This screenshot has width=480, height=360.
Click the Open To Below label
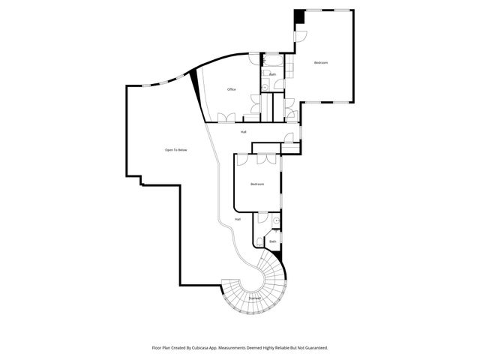[175, 150]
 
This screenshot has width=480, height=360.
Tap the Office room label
[232, 89]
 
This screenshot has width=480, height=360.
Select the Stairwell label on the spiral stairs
[254, 298]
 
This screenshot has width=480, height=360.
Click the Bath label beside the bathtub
[273, 74]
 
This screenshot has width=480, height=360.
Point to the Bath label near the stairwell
[273, 231]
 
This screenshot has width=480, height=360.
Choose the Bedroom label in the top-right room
[321, 62]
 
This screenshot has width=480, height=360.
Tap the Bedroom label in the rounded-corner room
[257, 184]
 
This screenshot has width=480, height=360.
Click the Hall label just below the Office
[244, 132]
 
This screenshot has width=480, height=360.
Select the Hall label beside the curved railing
[238, 219]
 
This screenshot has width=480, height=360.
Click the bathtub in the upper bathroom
[271, 59]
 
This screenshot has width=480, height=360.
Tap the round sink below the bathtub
[265, 87]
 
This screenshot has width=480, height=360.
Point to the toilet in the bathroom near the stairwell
[259, 240]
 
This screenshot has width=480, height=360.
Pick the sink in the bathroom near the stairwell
[276, 221]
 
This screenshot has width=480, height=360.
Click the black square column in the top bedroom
[298, 16]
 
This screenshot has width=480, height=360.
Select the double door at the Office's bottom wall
[225, 116]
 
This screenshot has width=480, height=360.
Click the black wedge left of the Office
[198, 82]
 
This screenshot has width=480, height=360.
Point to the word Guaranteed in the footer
[315, 348]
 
